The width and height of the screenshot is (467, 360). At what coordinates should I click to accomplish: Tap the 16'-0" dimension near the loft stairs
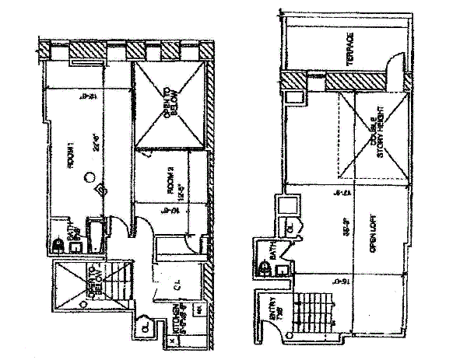pos(337,282)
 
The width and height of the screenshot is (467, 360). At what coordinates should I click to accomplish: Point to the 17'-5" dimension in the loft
pos(337,191)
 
